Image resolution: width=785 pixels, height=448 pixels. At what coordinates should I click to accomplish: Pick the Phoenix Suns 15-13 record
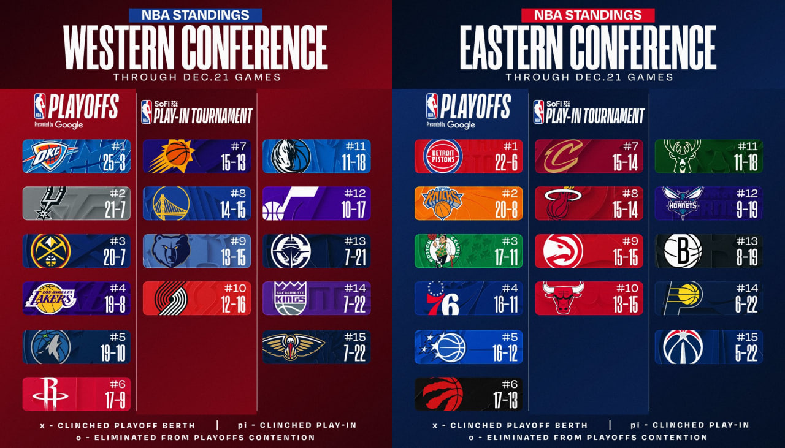tap(233, 163)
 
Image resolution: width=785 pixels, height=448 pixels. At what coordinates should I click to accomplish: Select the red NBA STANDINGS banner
tap(588, 15)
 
